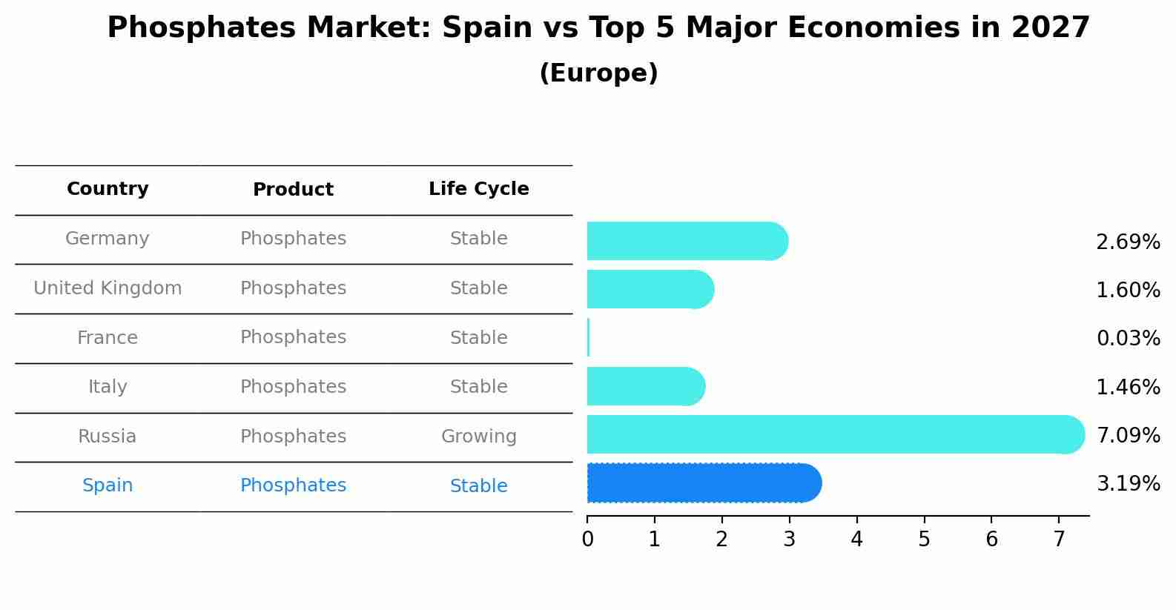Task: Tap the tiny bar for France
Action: (589, 338)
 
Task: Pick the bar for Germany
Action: (686, 241)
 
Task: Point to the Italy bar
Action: (645, 386)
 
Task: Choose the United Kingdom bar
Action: (650, 289)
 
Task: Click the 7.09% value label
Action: (1128, 435)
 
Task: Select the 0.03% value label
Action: (1128, 339)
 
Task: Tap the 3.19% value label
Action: (1128, 484)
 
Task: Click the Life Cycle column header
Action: (478, 189)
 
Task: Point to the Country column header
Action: (108, 189)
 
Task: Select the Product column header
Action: (293, 190)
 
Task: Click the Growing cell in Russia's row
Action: (478, 437)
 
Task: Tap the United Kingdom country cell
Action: (108, 288)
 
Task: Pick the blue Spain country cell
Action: (108, 485)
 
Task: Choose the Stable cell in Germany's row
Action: (478, 239)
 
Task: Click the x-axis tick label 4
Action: (856, 540)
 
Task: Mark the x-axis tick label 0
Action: (587, 540)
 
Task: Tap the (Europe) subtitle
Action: (598, 73)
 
